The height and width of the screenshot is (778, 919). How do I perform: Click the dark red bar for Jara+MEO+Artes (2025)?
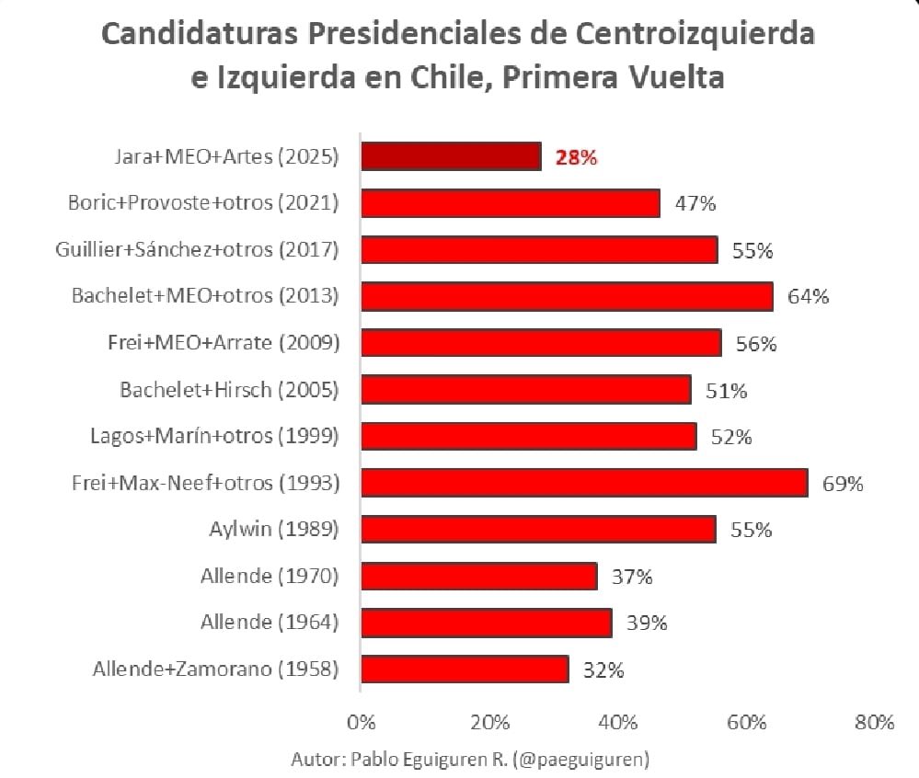click(451, 156)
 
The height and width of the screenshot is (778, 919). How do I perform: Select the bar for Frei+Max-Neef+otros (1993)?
click(584, 483)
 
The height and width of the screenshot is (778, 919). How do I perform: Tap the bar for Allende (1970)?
click(478, 577)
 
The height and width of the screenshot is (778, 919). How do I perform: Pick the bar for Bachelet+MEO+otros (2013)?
click(567, 296)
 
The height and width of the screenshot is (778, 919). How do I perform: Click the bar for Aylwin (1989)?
click(538, 530)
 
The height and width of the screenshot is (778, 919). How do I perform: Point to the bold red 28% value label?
click(577, 157)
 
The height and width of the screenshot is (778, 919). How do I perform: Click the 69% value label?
click(843, 484)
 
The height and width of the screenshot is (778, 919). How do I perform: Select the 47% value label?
click(695, 204)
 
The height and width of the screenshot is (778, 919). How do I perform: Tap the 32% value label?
click(603, 670)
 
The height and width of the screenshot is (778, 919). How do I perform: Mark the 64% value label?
click(809, 297)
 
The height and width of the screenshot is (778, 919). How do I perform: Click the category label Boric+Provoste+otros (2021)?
click(203, 203)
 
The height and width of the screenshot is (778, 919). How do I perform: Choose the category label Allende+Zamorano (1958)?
click(215, 669)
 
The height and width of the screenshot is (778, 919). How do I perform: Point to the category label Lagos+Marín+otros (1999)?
click(214, 436)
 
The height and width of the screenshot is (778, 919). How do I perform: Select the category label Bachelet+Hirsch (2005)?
click(229, 390)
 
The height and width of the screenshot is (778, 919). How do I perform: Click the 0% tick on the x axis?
click(362, 722)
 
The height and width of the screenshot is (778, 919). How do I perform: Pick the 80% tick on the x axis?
click(873, 722)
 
